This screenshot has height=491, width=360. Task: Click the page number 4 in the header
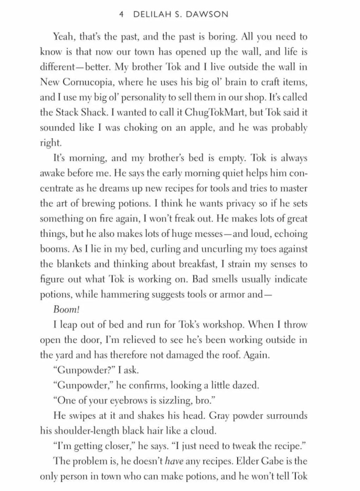pyautogui.click(x=121, y=14)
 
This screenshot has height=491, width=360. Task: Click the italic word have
pyautogui.click(x=174, y=461)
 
